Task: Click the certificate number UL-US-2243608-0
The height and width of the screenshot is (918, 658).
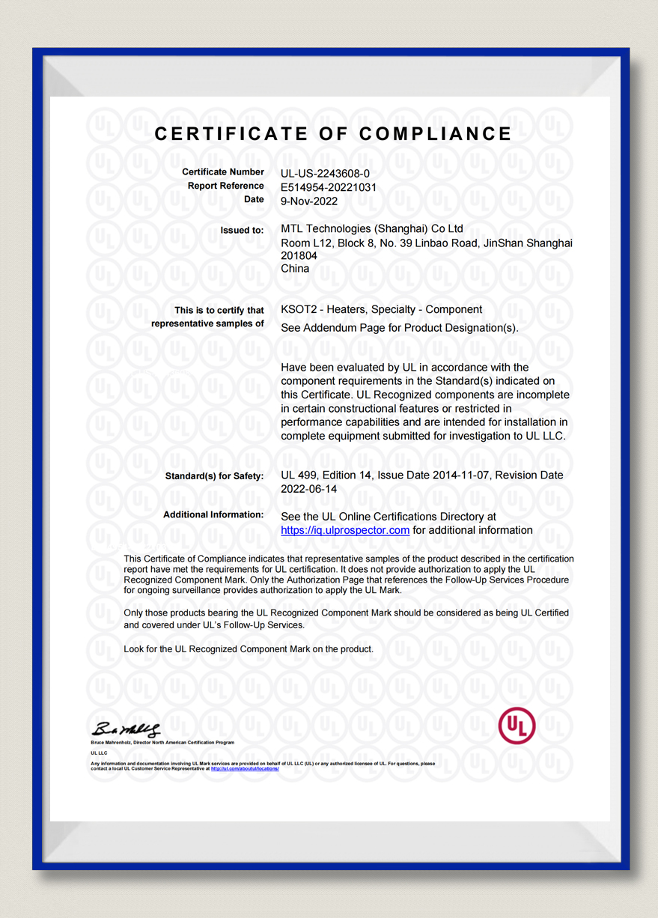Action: (x=325, y=173)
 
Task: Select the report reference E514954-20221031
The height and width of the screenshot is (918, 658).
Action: (x=329, y=187)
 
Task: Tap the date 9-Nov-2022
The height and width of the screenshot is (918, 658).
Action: (x=309, y=201)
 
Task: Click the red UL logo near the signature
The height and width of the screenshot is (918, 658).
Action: (x=517, y=726)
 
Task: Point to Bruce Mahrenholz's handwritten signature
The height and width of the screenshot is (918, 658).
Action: (x=126, y=729)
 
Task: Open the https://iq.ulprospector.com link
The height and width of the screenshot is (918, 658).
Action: (x=345, y=530)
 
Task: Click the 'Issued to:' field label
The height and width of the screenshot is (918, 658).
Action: (x=242, y=231)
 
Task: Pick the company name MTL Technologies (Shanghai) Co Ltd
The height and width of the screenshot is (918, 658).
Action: (x=372, y=229)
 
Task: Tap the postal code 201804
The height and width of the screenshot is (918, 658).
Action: (x=299, y=255)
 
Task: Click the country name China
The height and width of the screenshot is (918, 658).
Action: (x=295, y=268)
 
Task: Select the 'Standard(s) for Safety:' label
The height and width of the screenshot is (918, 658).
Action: (x=214, y=476)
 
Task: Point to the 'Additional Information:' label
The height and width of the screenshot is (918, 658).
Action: (x=213, y=515)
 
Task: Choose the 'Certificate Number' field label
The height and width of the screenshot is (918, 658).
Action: (x=223, y=173)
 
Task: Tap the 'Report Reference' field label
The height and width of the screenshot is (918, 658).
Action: (x=226, y=186)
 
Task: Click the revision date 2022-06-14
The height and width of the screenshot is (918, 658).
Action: (x=309, y=488)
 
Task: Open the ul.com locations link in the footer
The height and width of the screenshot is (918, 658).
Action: (x=245, y=768)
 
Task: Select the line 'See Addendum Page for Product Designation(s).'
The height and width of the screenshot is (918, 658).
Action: (x=399, y=328)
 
